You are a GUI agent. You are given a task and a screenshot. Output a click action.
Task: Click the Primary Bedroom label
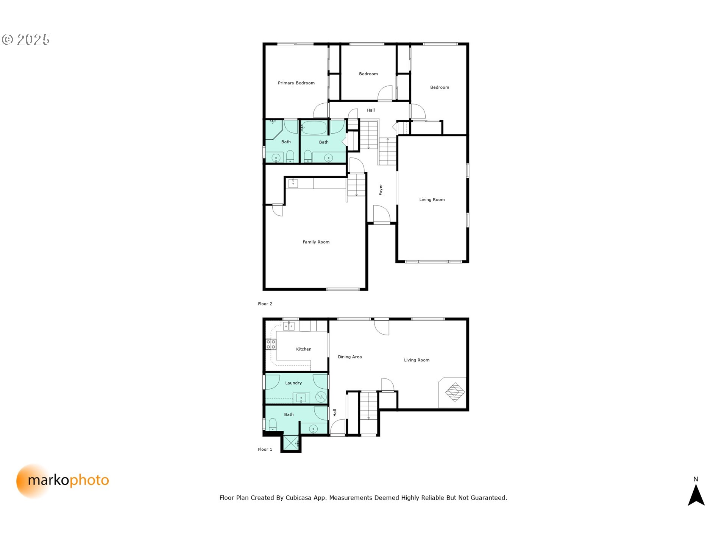[296, 83]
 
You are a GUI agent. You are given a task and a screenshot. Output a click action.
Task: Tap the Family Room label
[316, 242]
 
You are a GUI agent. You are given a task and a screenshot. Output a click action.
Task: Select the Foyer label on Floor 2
[381, 190]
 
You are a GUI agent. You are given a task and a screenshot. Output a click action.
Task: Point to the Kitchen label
[304, 349]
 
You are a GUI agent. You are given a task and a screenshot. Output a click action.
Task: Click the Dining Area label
[349, 357]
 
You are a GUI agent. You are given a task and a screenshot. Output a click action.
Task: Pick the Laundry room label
[293, 383]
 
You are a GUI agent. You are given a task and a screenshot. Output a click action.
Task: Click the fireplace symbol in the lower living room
[455, 392]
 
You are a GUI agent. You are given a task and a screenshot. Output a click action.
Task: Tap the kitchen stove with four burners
[271, 344]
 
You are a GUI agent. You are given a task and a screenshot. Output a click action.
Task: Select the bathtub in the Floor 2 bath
[314, 128]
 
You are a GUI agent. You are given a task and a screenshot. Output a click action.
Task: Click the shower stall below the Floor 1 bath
[291, 443]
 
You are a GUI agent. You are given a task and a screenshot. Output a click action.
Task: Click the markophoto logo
[63, 481]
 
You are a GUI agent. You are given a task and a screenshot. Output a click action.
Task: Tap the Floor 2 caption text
[265, 304]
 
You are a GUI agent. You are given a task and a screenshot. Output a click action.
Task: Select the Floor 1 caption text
[265, 449]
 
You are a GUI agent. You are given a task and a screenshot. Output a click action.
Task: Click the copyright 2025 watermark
[26, 39]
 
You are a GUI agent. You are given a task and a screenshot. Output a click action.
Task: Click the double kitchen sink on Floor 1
[289, 325]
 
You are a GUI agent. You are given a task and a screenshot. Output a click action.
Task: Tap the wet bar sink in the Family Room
[293, 184]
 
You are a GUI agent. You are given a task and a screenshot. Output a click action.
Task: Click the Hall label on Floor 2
[371, 110]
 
